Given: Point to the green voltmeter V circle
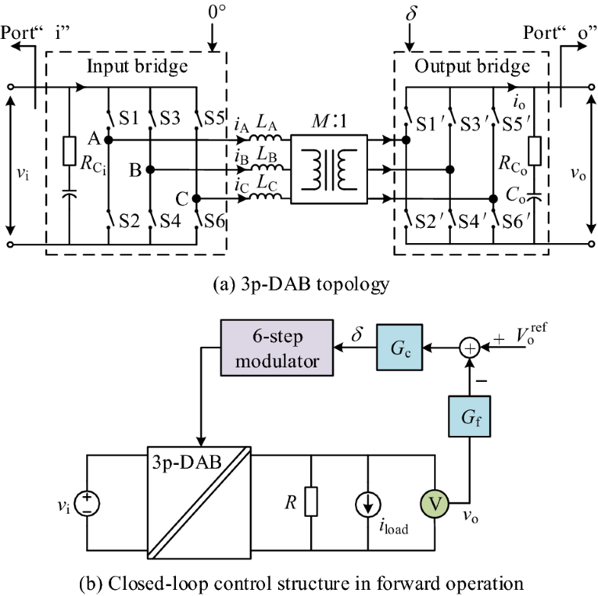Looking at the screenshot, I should (435, 504).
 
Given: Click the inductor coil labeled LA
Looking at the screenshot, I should (268, 139).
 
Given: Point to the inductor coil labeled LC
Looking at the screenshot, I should (268, 199).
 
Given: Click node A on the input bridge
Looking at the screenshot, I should (109, 140).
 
